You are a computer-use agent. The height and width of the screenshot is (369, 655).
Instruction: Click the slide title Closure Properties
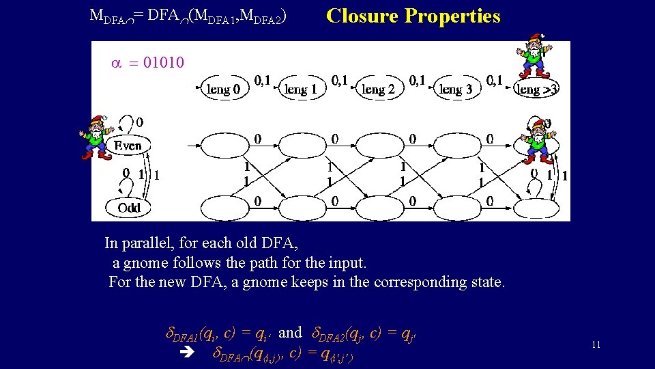(x=413, y=16)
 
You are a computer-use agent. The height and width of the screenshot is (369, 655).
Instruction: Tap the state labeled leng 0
(x=223, y=89)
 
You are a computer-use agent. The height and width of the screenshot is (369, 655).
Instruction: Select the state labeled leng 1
(x=300, y=89)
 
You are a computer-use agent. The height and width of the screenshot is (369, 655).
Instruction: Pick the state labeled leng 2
(x=377, y=89)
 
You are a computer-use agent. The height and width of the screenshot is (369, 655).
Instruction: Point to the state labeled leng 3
(x=455, y=89)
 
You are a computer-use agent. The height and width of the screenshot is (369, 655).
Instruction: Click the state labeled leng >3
(x=538, y=90)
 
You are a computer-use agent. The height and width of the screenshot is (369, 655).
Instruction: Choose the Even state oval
(x=128, y=145)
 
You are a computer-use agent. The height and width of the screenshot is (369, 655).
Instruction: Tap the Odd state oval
(x=128, y=207)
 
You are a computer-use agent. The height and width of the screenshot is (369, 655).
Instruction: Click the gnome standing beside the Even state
(x=95, y=137)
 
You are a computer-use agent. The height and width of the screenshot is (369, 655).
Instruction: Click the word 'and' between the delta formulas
(x=290, y=333)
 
